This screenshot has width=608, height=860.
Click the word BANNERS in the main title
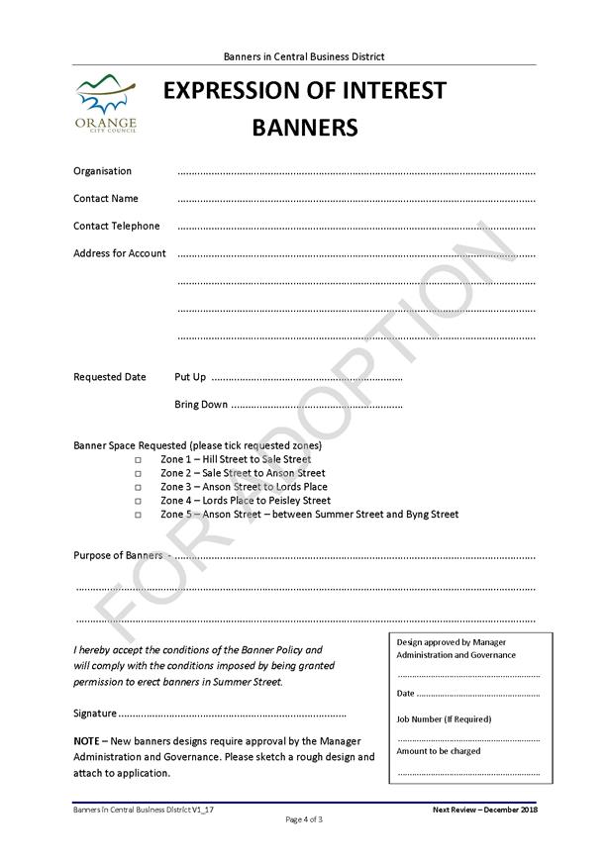[304, 128]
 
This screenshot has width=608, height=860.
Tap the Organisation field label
[102, 171]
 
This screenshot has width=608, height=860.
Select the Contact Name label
[106, 199]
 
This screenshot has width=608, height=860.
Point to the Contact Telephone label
[116, 226]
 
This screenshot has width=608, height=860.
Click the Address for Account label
[120, 253]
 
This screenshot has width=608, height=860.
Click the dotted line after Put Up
[307, 378]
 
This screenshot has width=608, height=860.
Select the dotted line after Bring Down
[316, 405]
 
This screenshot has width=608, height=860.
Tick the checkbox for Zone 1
[139, 460]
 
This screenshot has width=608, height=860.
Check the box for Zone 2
[139, 474]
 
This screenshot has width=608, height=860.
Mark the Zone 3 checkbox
[139, 488]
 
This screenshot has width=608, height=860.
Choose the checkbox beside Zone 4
[139, 502]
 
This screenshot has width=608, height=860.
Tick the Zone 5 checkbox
[139, 515]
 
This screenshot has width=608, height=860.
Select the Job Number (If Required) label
[444, 719]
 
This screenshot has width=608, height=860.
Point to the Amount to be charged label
[439, 751]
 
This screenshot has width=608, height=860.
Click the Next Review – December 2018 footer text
[483, 810]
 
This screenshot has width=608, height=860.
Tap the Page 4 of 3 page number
[304, 819]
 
